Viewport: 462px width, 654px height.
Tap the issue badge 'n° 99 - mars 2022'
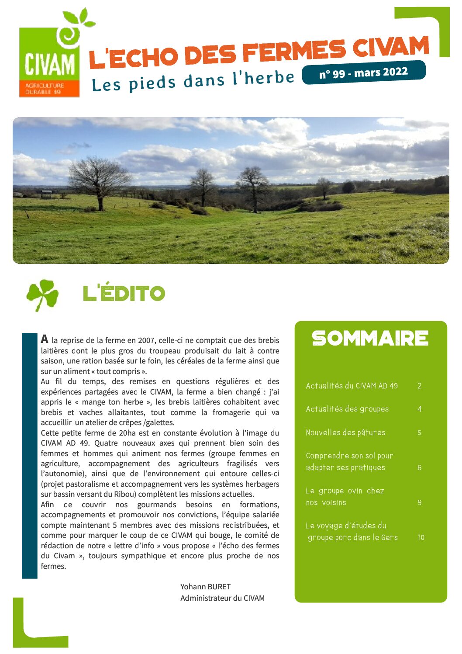[x=363, y=73]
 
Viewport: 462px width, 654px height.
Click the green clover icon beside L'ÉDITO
[x=42, y=294]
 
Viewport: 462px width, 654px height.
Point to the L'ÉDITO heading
[x=124, y=293]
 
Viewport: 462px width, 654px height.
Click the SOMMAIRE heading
[x=370, y=338]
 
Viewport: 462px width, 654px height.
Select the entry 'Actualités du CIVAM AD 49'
[x=352, y=386]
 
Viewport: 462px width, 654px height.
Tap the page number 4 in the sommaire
[x=420, y=409]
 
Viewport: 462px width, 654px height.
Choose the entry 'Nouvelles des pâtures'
[x=345, y=433]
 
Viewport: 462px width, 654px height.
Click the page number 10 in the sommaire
[x=421, y=537]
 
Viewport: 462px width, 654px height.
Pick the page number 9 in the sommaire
[x=420, y=502]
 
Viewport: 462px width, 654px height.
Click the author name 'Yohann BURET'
[x=205, y=587]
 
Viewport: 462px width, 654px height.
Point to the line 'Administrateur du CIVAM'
[x=222, y=598]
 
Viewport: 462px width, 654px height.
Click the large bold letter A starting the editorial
[x=45, y=339]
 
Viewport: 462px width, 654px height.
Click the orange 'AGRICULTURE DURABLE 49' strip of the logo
[x=49, y=89]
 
